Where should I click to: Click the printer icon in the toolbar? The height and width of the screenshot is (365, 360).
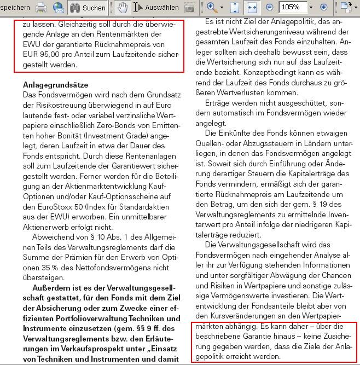pos(40,8)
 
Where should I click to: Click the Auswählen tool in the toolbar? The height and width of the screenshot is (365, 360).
pos(157,8)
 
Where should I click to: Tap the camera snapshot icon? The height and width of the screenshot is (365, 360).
pos(189,8)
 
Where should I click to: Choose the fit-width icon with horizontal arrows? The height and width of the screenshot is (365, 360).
pos(253,8)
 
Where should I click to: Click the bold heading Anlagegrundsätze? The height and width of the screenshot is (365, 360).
pos(56,85)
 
